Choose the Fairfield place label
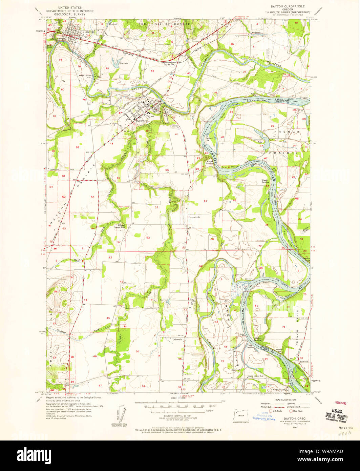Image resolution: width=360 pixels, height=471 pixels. pyautogui.click(x=303, y=362)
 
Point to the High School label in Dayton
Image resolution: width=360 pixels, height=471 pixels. pyautogui.click(x=141, y=121)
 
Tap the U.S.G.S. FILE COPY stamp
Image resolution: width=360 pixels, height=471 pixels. pyautogui.click(x=337, y=415)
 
